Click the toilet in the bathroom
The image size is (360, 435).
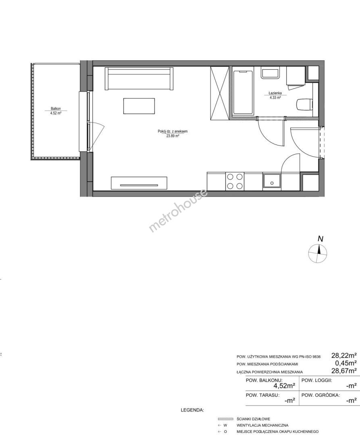304,105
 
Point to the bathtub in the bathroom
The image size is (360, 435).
243,93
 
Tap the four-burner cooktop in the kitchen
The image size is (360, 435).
235,181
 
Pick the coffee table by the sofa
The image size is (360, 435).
139,106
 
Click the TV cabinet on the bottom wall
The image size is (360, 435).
139,183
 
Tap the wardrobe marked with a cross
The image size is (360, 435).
220,93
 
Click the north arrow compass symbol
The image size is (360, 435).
318,254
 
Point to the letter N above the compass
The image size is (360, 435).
320,239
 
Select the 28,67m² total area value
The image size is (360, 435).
344,371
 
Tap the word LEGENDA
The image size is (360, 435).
192,410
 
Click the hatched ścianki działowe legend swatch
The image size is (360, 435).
225,419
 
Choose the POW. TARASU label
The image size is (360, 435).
262,395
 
